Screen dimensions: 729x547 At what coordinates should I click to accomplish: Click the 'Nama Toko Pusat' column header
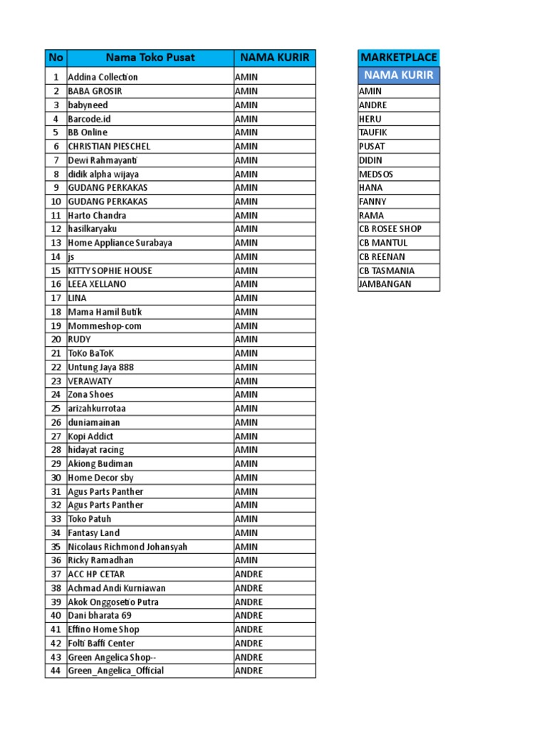point(150,58)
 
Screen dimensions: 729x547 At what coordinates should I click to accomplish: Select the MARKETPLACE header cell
point(399,57)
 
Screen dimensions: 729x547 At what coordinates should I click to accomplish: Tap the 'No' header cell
point(55,58)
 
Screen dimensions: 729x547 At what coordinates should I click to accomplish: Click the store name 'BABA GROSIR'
point(95,91)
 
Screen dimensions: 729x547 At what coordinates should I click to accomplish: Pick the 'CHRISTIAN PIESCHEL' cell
point(109,146)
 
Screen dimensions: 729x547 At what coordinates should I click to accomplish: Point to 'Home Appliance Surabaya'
point(120,243)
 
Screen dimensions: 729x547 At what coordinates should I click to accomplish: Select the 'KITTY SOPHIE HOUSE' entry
point(110,271)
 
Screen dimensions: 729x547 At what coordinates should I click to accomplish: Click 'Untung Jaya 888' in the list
point(100,367)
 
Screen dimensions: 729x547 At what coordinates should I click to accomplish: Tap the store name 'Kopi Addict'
point(90,436)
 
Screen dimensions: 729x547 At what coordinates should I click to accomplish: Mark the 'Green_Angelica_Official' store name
point(115,671)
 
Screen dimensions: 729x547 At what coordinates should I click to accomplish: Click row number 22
point(56,367)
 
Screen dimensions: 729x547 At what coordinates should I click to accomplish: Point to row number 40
point(56,616)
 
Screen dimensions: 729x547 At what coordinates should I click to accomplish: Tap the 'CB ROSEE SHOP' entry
point(390,229)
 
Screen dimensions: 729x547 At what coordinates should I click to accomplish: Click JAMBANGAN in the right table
point(385,284)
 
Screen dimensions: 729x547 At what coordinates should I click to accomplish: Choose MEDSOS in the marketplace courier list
point(376,174)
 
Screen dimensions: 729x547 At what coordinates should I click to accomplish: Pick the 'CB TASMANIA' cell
point(387,271)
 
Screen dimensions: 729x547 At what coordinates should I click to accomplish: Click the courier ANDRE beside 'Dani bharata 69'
point(249,616)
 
